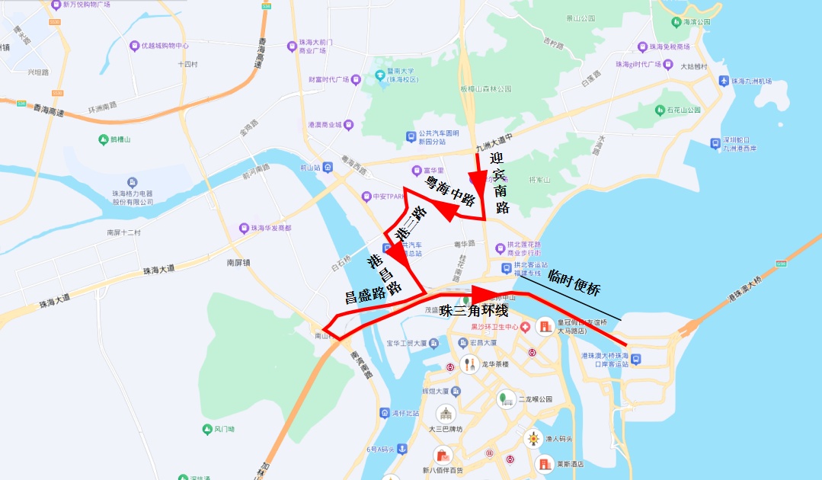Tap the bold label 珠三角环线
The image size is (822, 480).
click(x=473, y=310)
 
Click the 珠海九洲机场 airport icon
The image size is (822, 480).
click(x=723, y=81)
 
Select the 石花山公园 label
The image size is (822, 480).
click(x=683, y=110)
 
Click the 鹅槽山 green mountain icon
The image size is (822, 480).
click(x=104, y=139)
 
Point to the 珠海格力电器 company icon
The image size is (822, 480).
click(x=133, y=183)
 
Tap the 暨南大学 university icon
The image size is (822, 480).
click(x=379, y=75)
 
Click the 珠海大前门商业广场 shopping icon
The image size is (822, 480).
click(x=292, y=46)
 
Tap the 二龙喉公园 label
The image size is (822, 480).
click(x=534, y=398)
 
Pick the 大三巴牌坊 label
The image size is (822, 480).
click(x=445, y=429)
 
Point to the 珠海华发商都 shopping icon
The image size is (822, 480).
click(x=245, y=228)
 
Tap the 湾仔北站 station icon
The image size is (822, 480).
click(x=385, y=413)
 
